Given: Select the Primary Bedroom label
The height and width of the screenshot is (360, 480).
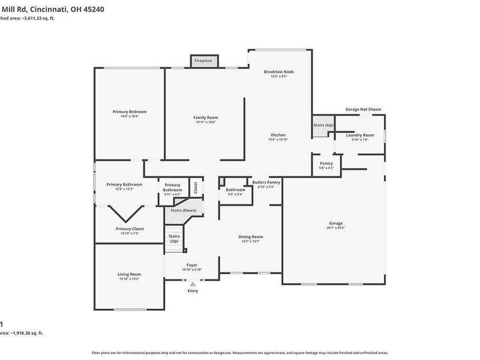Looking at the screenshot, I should click(x=130, y=112).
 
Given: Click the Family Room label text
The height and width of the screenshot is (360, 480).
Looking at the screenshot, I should click(x=205, y=118).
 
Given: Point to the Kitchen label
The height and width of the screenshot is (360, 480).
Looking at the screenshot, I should click(x=278, y=135).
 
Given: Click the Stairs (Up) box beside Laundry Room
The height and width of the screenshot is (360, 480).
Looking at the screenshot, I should click(x=323, y=125).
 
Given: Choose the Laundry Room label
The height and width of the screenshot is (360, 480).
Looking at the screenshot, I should click(x=360, y=135).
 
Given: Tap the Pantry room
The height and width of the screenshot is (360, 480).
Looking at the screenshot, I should click(x=326, y=163).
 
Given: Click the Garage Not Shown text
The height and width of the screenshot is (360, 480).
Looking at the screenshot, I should click(x=363, y=110).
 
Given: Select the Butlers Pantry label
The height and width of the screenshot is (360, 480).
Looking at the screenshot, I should click(x=266, y=182).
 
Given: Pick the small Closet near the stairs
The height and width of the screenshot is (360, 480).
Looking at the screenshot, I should click(x=195, y=187).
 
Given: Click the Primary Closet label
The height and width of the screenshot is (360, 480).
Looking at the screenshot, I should click(x=130, y=229).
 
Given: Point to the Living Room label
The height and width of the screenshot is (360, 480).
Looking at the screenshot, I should click(x=129, y=274).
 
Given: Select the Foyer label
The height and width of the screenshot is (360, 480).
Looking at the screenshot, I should click(x=192, y=265).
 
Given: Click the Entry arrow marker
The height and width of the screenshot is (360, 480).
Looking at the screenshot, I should click(x=193, y=284).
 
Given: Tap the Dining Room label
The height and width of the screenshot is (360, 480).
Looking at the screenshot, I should click(x=251, y=237).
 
